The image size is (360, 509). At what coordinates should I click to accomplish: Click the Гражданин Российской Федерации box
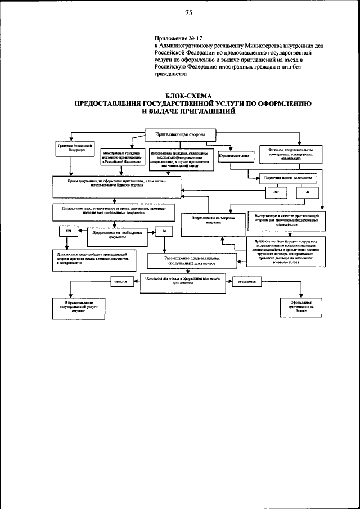[71, 148]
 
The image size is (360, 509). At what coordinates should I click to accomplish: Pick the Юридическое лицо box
[233, 158]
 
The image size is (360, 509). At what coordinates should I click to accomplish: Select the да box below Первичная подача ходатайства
[308, 193]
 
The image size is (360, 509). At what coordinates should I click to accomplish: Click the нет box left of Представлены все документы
[68, 229]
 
